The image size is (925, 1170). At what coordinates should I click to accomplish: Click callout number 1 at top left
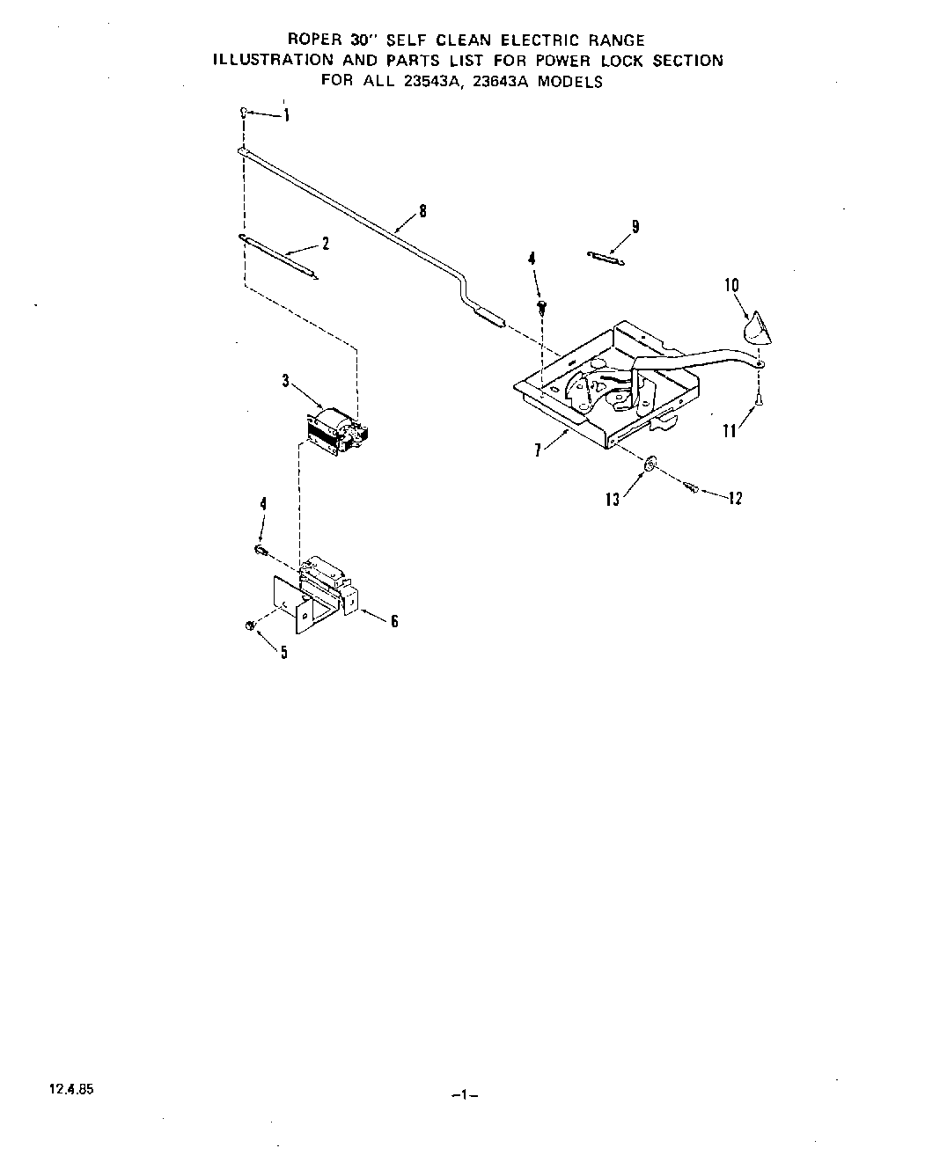(x=286, y=115)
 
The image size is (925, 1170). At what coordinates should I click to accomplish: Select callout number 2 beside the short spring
(x=326, y=245)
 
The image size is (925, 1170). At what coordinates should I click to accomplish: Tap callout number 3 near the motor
(x=285, y=381)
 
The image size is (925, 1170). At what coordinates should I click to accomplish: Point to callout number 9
(x=635, y=227)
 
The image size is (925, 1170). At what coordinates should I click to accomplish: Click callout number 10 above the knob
(x=732, y=285)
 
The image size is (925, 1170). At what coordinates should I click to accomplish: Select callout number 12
(x=735, y=498)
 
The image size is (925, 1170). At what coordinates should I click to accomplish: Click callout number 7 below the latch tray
(x=537, y=450)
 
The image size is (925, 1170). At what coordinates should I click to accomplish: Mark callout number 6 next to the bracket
(x=394, y=621)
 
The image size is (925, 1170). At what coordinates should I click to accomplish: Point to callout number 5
(x=283, y=652)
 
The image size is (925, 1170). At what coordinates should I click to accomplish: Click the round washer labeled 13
(x=648, y=464)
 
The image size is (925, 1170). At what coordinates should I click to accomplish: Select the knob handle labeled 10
(x=755, y=331)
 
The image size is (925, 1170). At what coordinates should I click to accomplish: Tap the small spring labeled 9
(x=605, y=257)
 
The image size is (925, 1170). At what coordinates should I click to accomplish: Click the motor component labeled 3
(x=338, y=431)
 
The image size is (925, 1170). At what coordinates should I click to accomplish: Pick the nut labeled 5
(x=250, y=625)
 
